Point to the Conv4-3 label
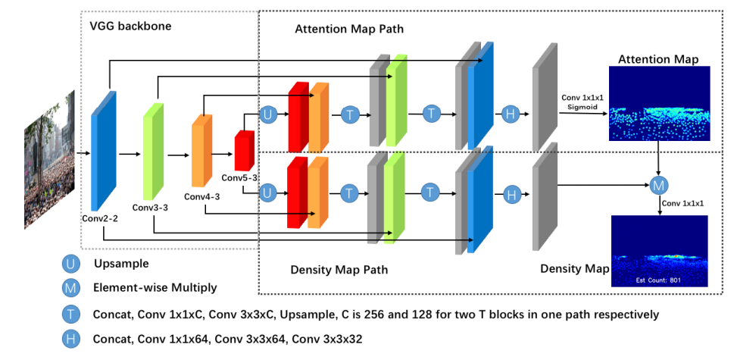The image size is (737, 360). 201,197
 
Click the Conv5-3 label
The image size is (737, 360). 240,177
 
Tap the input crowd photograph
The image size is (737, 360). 49,160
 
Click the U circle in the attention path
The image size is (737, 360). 268,114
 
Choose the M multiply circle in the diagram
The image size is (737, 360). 659,184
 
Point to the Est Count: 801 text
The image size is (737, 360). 659,280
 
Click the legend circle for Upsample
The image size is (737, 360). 71,263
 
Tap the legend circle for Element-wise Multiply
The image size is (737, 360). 71,288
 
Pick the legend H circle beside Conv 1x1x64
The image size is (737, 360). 71,338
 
